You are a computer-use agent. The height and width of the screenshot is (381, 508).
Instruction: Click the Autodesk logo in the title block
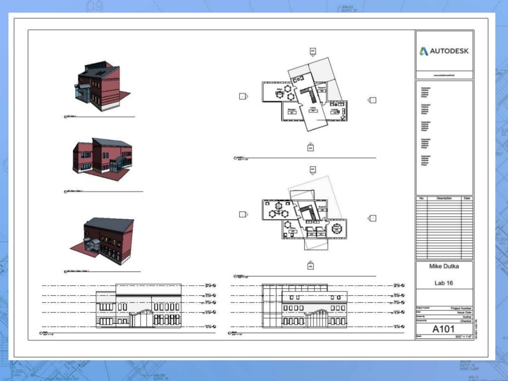[444, 51]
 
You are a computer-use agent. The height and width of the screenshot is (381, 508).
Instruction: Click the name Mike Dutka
[444, 266]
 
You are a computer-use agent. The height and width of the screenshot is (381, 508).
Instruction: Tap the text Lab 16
[444, 283]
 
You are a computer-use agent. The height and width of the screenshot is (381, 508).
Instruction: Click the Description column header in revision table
[444, 198]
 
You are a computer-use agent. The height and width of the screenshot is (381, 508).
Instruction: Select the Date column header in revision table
[467, 198]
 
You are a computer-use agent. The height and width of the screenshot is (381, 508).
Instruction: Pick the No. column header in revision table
[421, 198]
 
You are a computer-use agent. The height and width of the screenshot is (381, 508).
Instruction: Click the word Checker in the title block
[465, 321]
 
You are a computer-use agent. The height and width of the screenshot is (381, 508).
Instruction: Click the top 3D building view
[101, 86]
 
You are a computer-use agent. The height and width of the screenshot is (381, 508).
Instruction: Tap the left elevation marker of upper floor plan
[243, 96]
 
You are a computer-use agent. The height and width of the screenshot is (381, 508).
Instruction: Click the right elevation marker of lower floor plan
[372, 218]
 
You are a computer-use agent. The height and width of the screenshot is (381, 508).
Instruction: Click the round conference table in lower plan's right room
[337, 228]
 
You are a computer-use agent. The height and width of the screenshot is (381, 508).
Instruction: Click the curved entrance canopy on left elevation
[139, 313]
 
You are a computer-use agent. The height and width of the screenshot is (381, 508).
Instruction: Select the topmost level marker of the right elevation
[402, 285]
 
